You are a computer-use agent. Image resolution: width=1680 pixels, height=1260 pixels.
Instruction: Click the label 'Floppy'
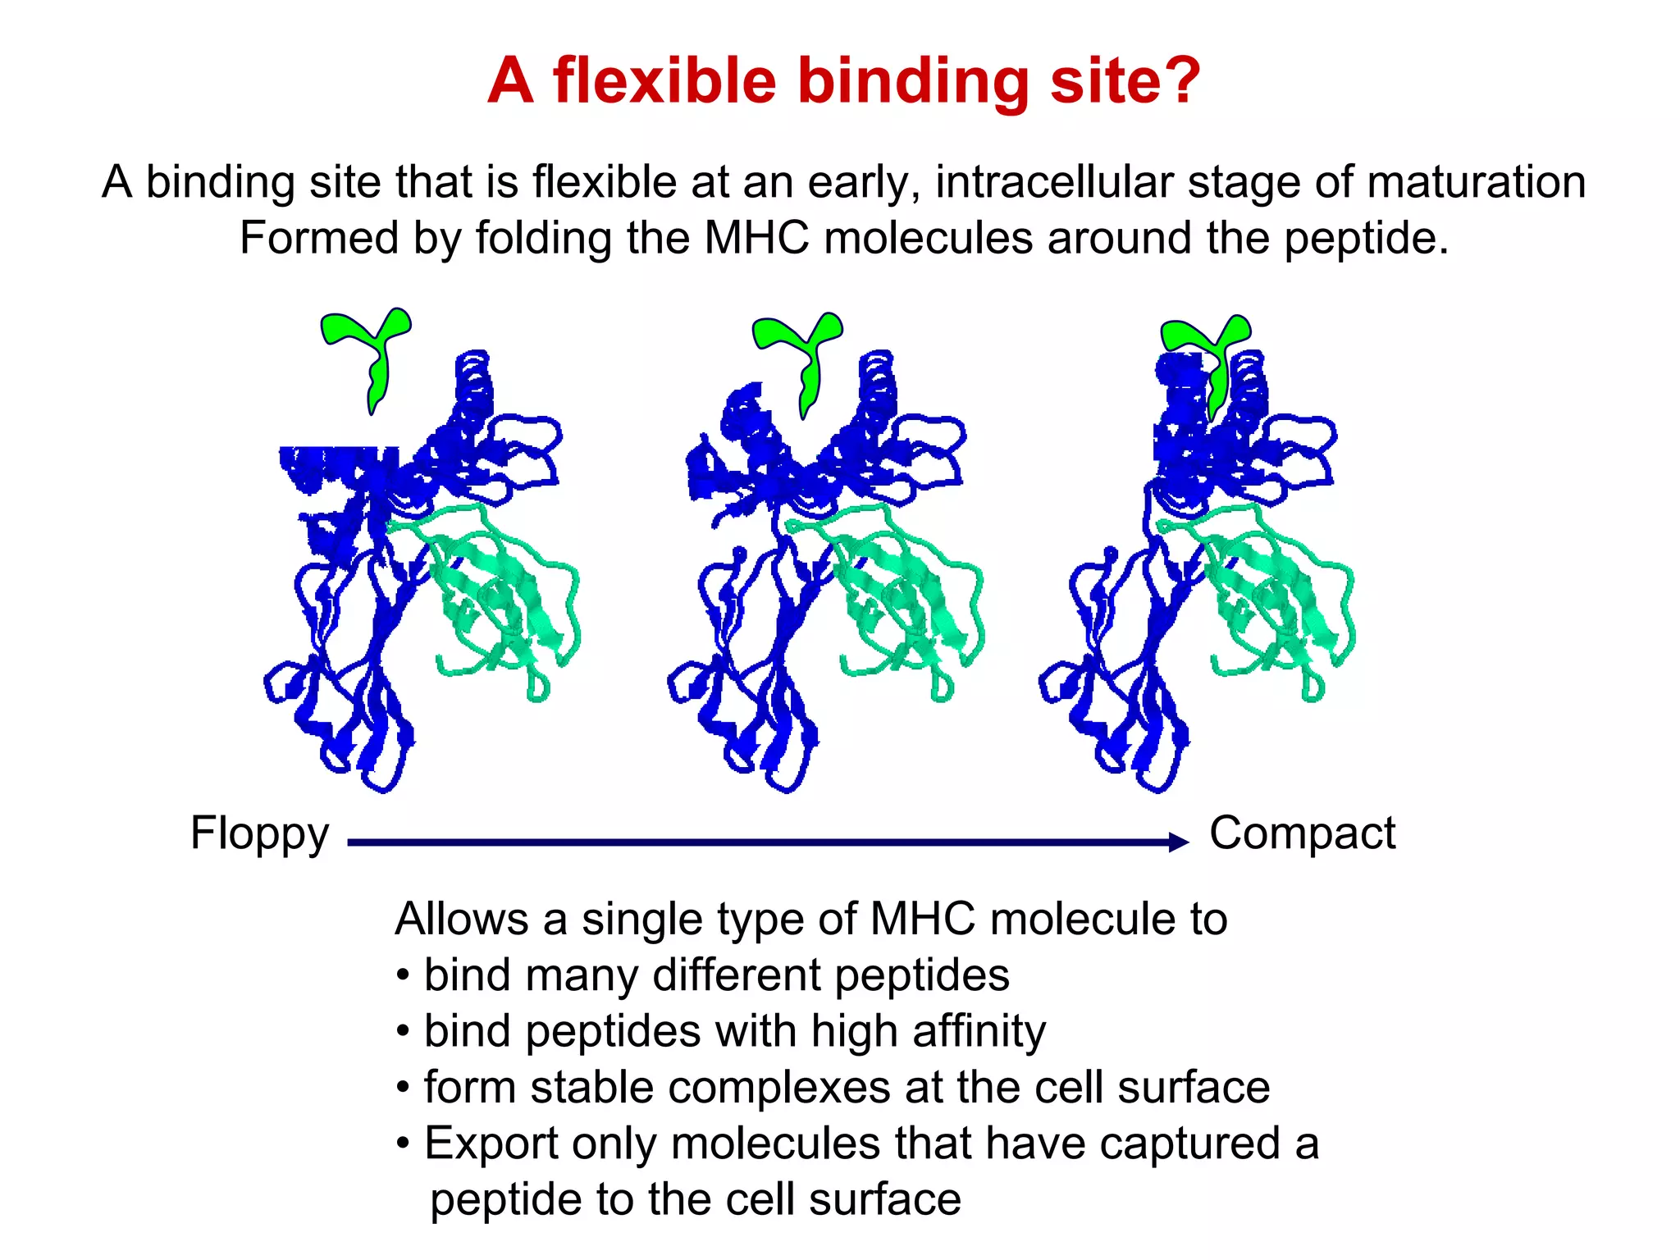(259, 833)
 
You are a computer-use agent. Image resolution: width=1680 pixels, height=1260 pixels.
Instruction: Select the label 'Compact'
(1302, 833)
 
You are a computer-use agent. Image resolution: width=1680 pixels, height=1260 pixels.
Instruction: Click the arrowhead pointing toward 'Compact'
(1179, 842)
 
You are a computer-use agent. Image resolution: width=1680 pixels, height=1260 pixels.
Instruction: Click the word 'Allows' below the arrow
(462, 919)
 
